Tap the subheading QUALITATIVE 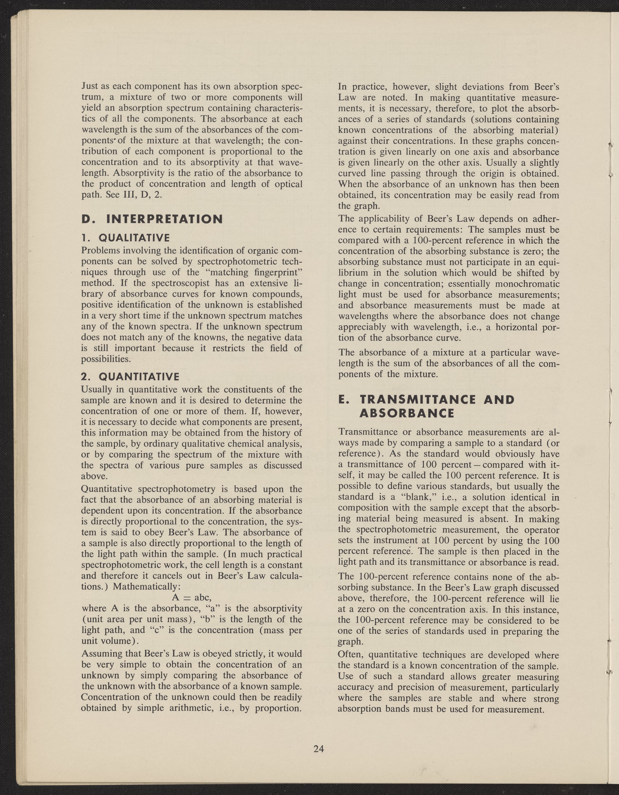(134, 238)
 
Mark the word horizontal (521, 327)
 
